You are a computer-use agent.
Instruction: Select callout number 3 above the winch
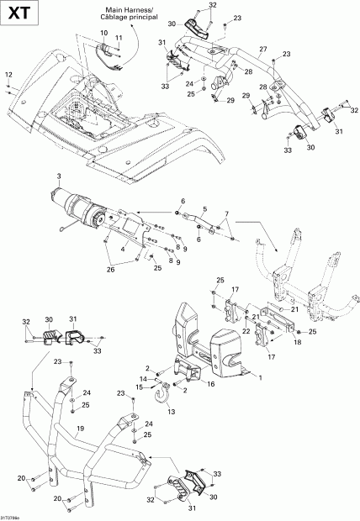click(x=60, y=176)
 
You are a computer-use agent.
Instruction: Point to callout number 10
click(x=104, y=33)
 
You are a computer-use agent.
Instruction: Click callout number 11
click(x=119, y=39)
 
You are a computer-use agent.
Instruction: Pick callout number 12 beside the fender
click(x=8, y=76)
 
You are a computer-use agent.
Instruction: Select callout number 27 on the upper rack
click(x=262, y=48)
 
